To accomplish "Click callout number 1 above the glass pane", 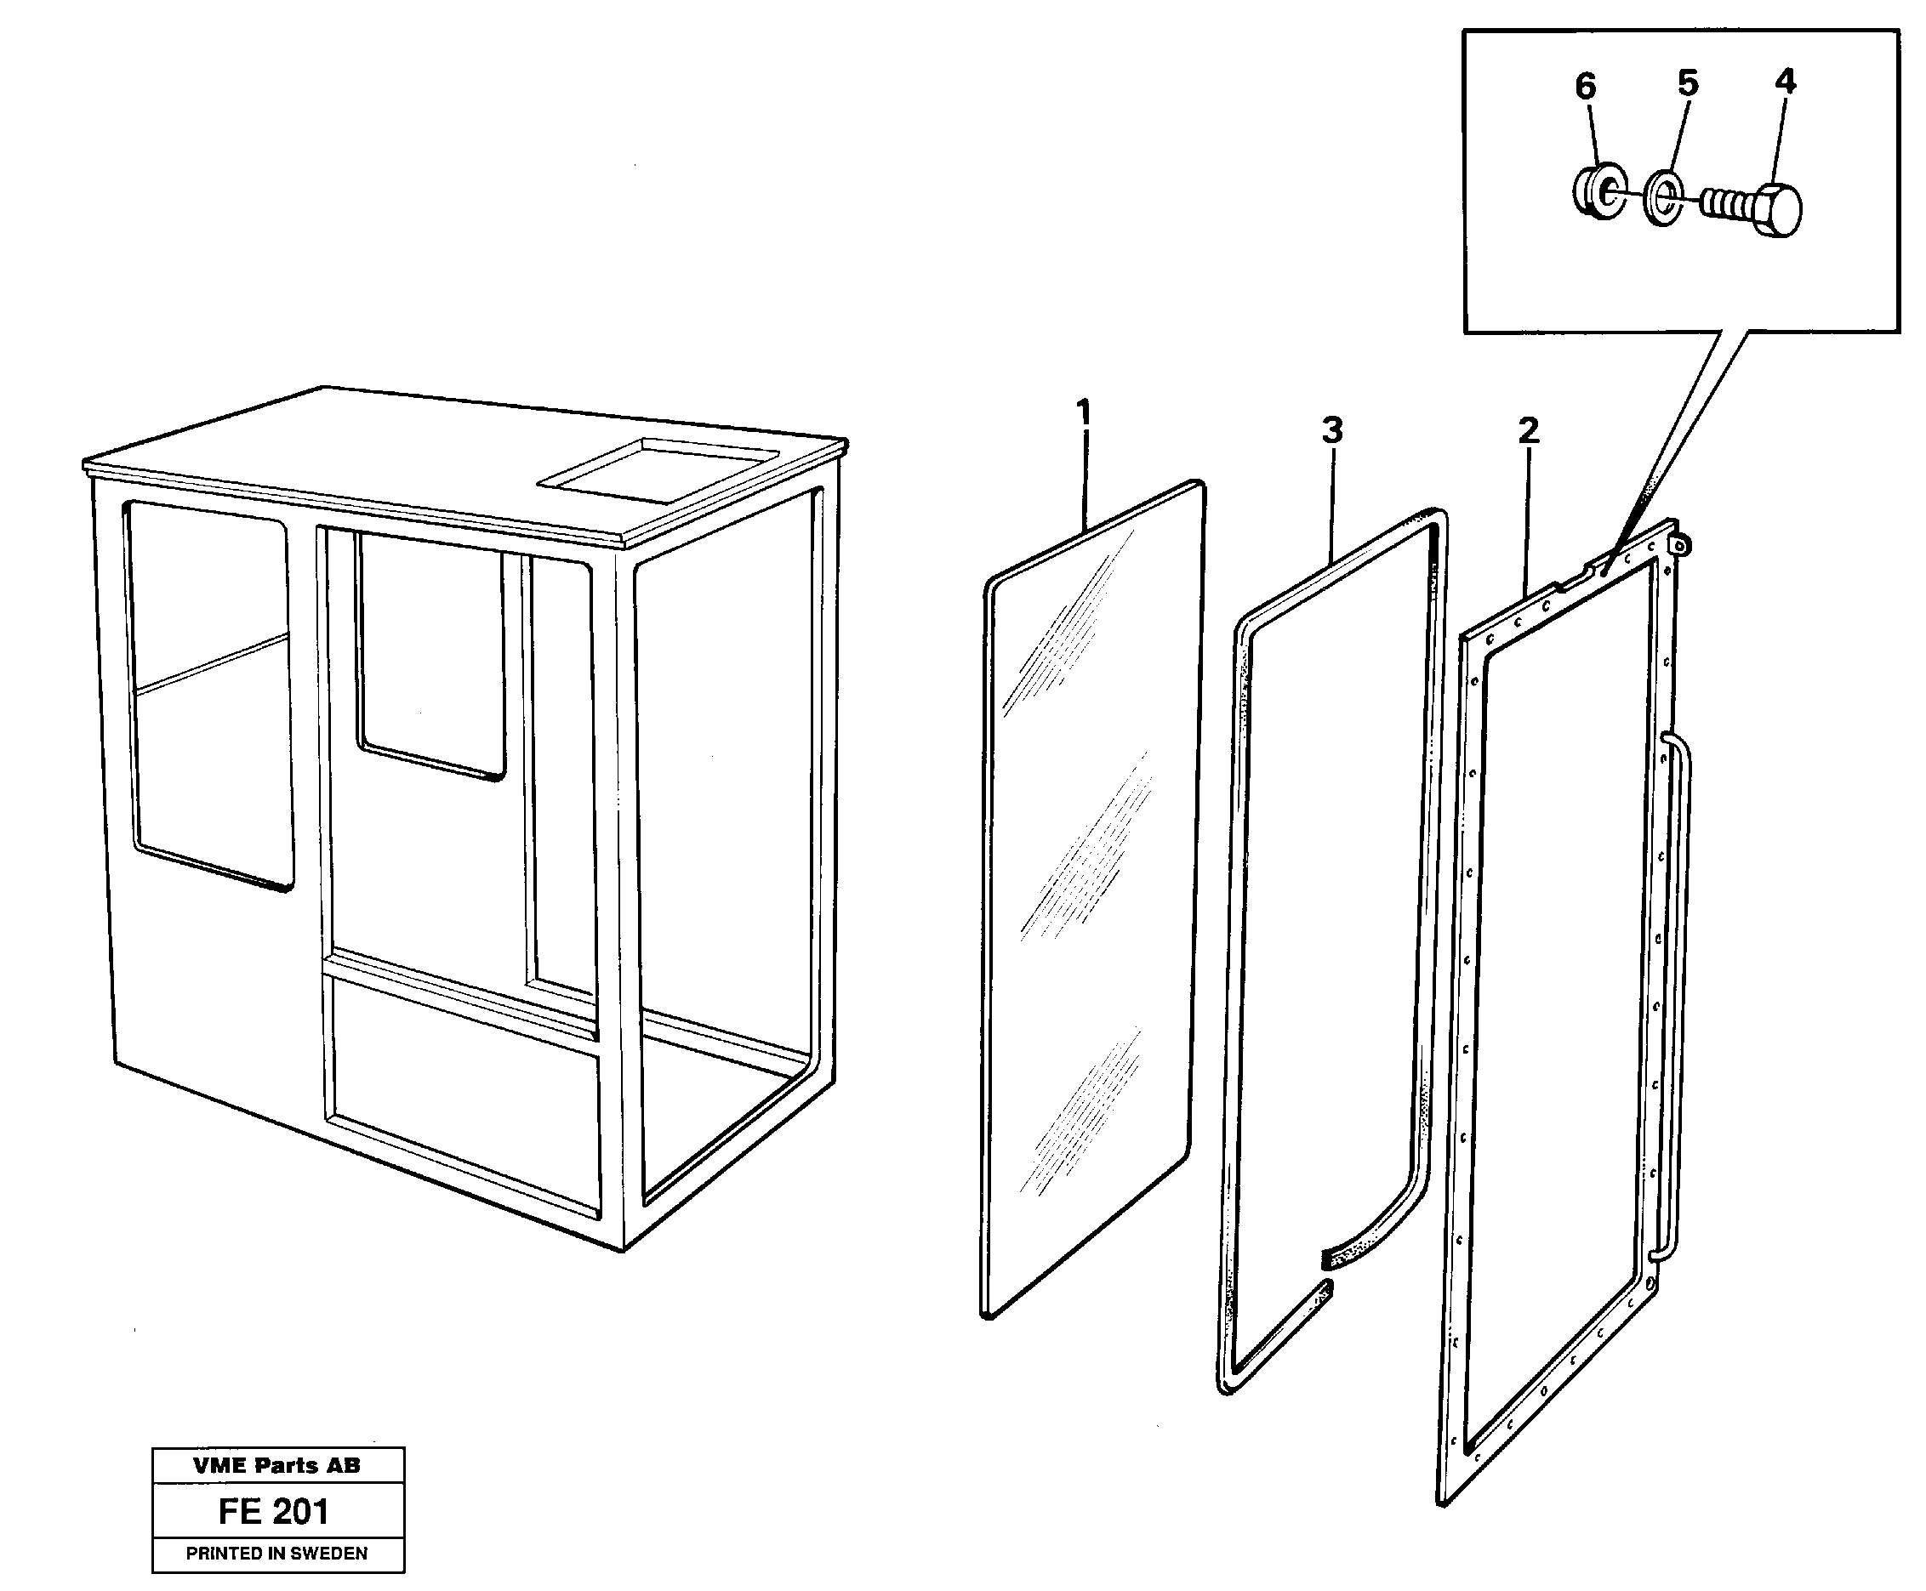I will coord(1084,413).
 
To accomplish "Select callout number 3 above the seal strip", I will coord(1332,429).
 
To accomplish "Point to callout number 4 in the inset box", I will coord(1785,82).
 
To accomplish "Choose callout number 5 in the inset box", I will coord(1688,83).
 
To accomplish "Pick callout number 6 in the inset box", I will coord(1586,87).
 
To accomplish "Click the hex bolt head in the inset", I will coord(1779,211).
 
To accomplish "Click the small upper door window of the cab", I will coord(430,656).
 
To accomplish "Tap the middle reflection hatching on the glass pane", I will coord(1086,857).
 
